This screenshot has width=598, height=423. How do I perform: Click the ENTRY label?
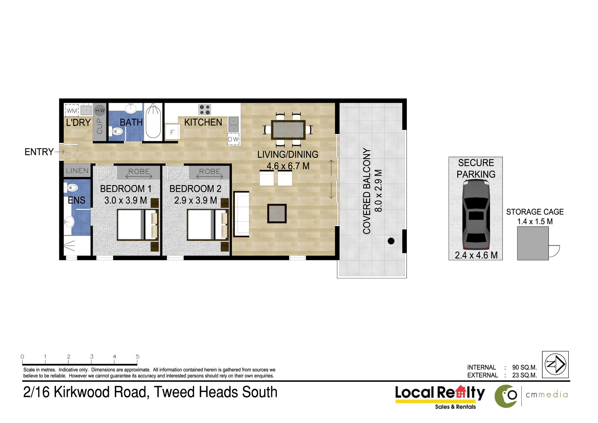(x=39, y=152)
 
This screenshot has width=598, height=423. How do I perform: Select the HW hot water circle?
(x=100, y=110)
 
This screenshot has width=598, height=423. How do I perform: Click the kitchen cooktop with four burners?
(x=205, y=110)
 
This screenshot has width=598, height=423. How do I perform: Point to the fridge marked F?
(x=172, y=132)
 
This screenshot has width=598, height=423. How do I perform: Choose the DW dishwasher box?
(x=233, y=139)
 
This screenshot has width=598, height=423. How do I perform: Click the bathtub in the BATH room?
(x=153, y=121)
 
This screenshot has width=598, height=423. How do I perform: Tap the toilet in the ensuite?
(x=71, y=188)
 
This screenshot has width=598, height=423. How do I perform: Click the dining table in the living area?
(x=288, y=130)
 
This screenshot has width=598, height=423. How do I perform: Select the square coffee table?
(x=277, y=213)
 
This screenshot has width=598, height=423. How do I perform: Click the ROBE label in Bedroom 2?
(x=210, y=171)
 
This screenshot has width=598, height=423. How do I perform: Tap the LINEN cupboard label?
(x=77, y=171)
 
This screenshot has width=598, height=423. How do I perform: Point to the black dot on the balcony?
(x=391, y=241)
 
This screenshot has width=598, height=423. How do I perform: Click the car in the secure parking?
(x=476, y=215)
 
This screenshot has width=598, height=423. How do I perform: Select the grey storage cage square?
(x=533, y=243)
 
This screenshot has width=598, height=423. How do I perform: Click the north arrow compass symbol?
(x=555, y=364)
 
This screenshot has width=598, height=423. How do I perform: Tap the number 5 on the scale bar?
(x=138, y=356)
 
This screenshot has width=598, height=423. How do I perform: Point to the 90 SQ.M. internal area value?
(x=524, y=367)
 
